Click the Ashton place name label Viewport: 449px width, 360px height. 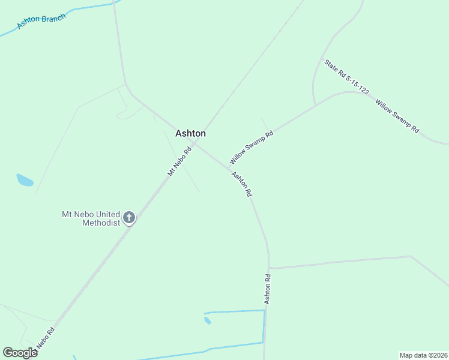[190, 134]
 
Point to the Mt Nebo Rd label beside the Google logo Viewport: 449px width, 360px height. [45, 339]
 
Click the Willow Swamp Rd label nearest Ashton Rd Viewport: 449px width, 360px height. [252, 148]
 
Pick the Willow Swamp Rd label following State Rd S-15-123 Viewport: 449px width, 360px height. [397, 116]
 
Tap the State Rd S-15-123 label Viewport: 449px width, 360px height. [346, 77]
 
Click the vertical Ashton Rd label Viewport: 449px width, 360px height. [268, 289]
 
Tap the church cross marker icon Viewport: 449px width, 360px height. [129, 218]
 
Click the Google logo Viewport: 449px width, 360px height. [20, 353]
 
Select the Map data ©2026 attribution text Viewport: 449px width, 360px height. [423, 355]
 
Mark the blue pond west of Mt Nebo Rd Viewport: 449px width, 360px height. [25, 179]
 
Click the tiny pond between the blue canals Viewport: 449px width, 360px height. [208, 320]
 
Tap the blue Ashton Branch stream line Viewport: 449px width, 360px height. [90, 7]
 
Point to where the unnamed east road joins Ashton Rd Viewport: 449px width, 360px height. [270, 268]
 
